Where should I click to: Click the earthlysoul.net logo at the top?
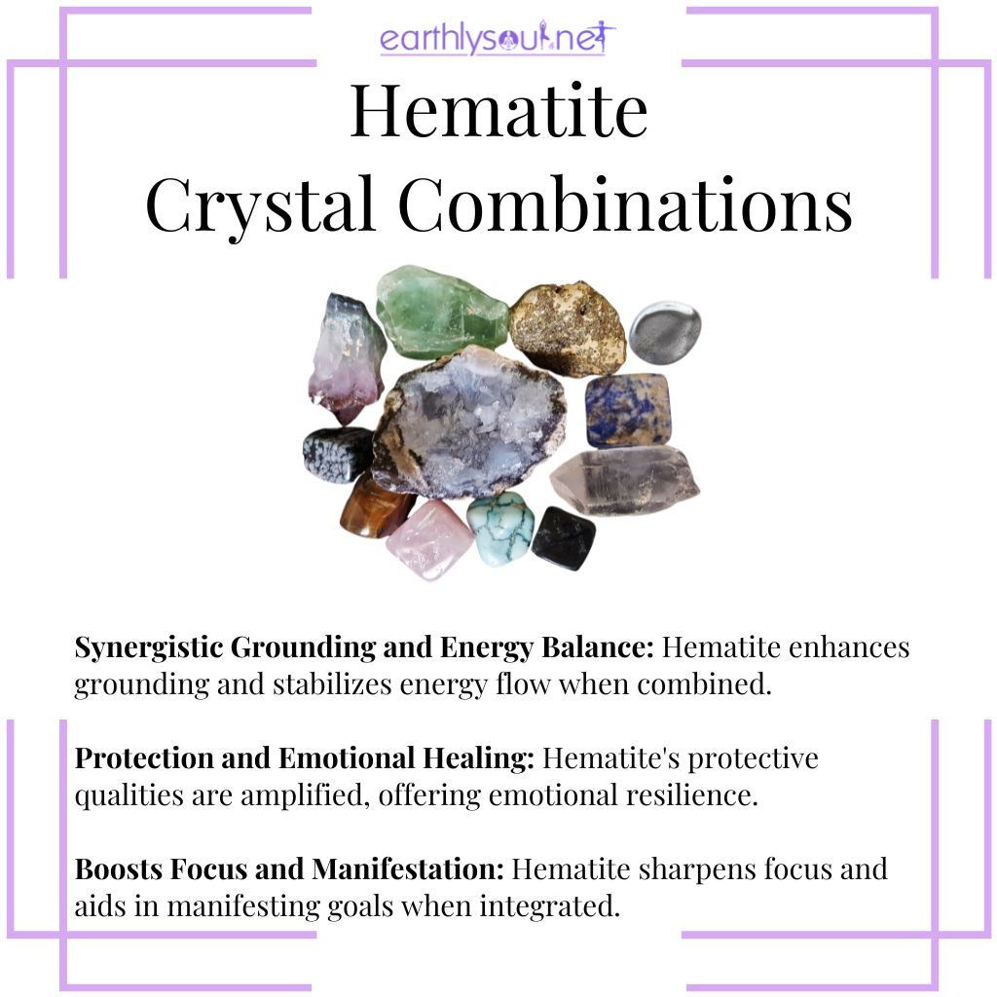tap(498, 38)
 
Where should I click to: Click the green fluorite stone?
tap(441, 313)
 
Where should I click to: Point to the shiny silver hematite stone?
tap(665, 333)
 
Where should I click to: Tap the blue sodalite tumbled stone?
tap(628, 410)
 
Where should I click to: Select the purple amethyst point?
tap(347, 357)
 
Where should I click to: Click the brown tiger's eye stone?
tap(376, 505)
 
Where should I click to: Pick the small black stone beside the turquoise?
tap(564, 537)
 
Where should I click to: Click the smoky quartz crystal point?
tap(624, 480)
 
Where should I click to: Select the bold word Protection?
tap(144, 758)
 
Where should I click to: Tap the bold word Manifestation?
tap(408, 869)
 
